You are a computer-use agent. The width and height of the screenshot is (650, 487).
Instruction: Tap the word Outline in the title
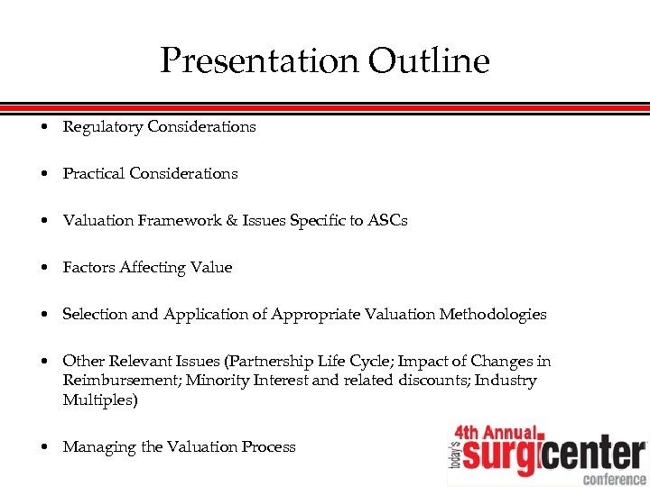pyautogui.click(x=429, y=61)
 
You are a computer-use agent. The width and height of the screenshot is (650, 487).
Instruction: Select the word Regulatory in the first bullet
pyautogui.click(x=103, y=127)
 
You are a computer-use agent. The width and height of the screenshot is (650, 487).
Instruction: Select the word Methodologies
pyautogui.click(x=493, y=314)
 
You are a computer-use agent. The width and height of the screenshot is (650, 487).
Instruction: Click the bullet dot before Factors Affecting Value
pyautogui.click(x=44, y=268)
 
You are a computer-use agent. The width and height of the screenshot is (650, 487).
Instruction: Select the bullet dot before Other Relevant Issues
pyautogui.click(x=44, y=362)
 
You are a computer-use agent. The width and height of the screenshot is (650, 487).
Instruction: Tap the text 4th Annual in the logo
pyautogui.click(x=497, y=434)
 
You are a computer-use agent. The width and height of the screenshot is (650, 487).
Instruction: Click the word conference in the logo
pyautogui.click(x=614, y=478)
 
